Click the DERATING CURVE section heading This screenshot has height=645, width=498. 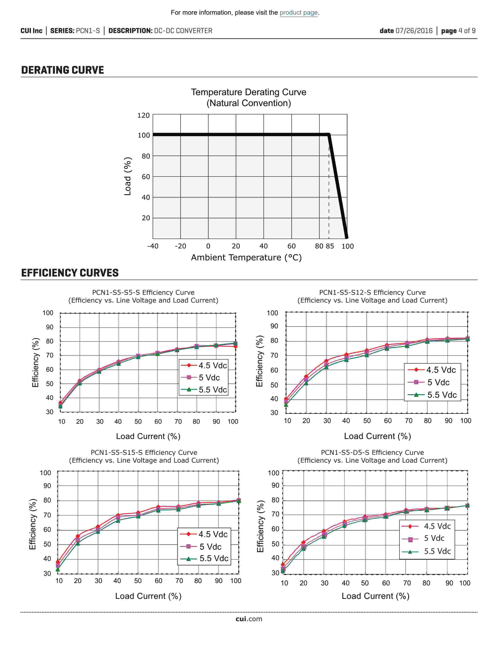pos(62,70)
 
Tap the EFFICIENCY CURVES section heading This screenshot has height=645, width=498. pos(70,273)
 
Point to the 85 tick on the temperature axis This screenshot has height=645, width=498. pos(330,246)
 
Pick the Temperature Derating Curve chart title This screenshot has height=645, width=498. pos(248,92)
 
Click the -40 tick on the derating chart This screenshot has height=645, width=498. pos(153,246)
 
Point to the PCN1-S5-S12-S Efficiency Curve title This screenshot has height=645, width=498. pos(372,292)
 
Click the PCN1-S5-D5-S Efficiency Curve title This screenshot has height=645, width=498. pos(372,452)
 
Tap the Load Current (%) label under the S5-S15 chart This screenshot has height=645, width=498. pos(148,596)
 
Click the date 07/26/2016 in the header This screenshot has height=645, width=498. pos(406,31)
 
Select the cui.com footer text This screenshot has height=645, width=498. pos(249,619)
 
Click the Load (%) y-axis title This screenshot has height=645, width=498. pos(128,176)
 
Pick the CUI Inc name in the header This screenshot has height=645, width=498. pos(31,31)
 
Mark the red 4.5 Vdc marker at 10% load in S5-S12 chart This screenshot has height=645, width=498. pos(286,400)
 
